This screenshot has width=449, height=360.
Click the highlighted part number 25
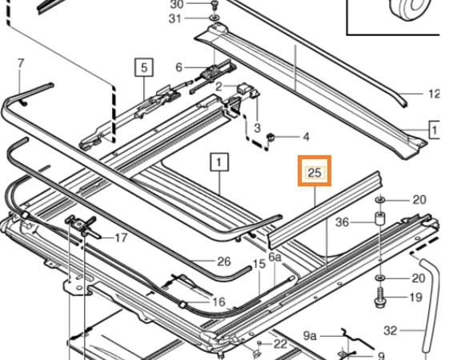coord(315,173)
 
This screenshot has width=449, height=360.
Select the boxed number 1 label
coord(219,162)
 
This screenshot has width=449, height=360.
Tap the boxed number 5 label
coord(144,68)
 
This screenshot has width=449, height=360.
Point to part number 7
coord(21,63)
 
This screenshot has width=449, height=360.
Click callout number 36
coord(343,222)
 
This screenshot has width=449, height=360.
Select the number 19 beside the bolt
coord(416,298)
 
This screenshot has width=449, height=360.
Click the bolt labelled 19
coord(380,298)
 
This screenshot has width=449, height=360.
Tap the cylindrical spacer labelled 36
coord(380,218)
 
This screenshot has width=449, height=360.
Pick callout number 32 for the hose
coord(391,331)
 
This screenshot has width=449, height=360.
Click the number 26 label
coord(224,262)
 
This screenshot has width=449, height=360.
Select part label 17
coord(121,238)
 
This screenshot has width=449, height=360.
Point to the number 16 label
coord(219,302)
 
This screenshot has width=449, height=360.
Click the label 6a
coord(275,258)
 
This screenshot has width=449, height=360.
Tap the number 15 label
coord(259,264)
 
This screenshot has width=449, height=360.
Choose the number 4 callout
coord(306,137)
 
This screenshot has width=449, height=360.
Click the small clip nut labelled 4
coord(271,138)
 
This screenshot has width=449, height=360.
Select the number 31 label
coord(175,19)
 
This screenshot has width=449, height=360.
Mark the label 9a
coord(310,336)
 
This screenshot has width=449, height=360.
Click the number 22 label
coord(280,344)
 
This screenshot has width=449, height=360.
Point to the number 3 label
coord(257,128)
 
